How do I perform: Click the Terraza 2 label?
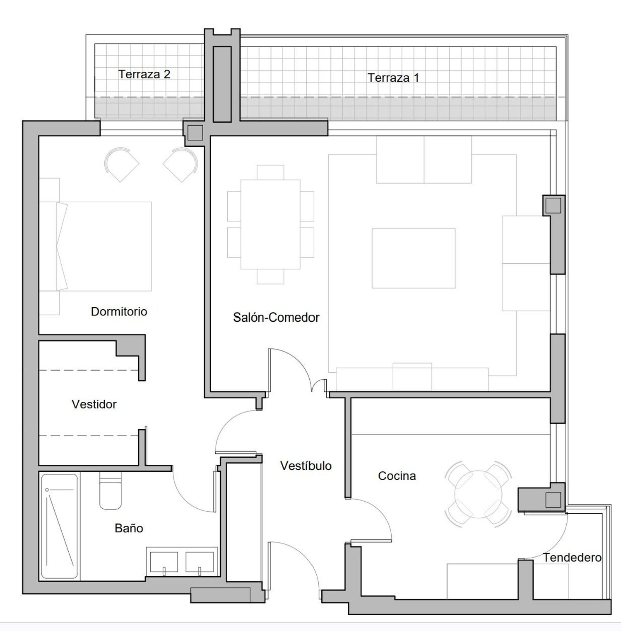[x=144, y=74]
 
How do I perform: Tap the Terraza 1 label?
[x=393, y=78]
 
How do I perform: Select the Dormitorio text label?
[x=119, y=311]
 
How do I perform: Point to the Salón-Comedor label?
[x=276, y=318]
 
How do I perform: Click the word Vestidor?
[x=94, y=404]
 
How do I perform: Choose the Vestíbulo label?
[x=306, y=466]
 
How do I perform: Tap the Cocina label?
[x=397, y=476]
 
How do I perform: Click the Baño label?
[x=129, y=528]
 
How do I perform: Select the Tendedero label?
[x=572, y=558]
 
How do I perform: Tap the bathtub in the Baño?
[x=59, y=526]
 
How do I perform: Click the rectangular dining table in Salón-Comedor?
[x=270, y=224]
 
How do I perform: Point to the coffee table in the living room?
[x=414, y=258]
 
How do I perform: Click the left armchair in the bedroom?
[x=121, y=165]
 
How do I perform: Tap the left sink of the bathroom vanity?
[x=164, y=562]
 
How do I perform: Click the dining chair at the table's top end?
[x=270, y=172]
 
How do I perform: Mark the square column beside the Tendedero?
[x=553, y=500]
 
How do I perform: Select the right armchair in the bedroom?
[x=181, y=165]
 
